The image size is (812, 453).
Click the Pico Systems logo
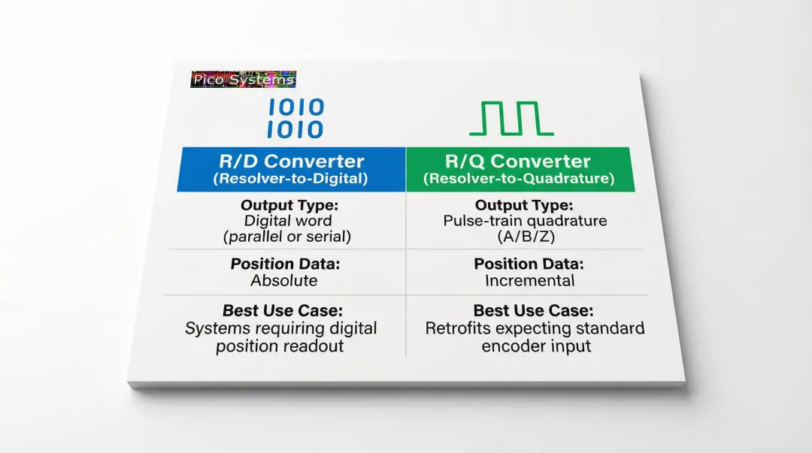(x=243, y=80)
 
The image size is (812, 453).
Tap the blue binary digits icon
(x=295, y=119)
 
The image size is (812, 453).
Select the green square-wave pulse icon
(x=511, y=119)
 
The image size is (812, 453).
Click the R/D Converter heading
(x=292, y=161)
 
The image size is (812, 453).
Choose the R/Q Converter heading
(x=518, y=161)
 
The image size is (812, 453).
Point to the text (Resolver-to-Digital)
(x=292, y=179)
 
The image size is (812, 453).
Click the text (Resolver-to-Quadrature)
(x=519, y=179)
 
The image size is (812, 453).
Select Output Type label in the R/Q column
(x=524, y=205)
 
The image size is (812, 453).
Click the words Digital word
(x=287, y=221)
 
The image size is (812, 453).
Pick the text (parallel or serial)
(x=286, y=237)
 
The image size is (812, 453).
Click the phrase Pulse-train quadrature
(x=525, y=221)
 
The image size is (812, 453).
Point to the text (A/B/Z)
(x=525, y=237)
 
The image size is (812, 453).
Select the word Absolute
(x=283, y=281)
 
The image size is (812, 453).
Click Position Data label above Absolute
(x=284, y=264)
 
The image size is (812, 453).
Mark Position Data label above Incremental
(x=529, y=264)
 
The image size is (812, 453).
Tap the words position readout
(x=280, y=346)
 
